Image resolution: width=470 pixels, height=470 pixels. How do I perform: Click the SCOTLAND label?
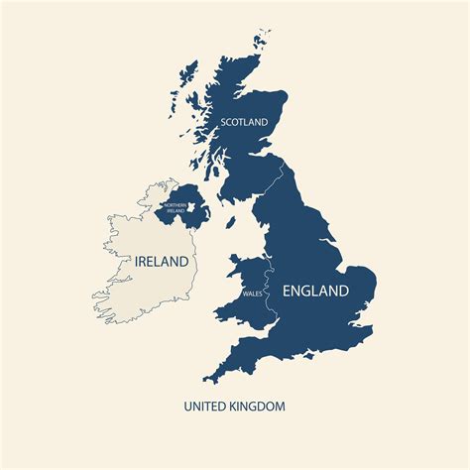point(244,122)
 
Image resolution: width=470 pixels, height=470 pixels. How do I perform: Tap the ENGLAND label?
point(316,291)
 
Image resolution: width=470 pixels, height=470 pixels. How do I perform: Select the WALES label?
point(252,294)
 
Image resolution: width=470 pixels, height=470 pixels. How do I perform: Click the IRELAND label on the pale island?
point(155,261)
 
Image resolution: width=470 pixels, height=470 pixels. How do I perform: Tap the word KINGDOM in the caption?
point(257,406)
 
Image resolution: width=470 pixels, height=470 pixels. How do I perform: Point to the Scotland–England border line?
point(265,187)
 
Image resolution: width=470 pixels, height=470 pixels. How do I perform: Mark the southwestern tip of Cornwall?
point(206,380)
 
